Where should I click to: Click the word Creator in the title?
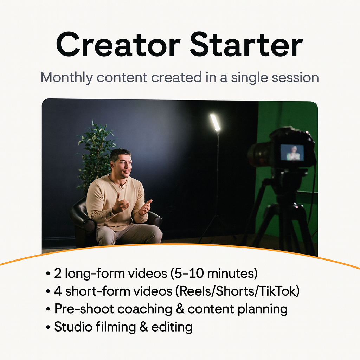pos(117,45)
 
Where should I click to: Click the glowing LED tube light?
pos(215,122)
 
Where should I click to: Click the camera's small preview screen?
pos(292,152)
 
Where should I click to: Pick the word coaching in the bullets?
pos(144,309)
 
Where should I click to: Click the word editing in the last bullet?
pos(172,327)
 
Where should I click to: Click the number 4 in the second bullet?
pos(58,291)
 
